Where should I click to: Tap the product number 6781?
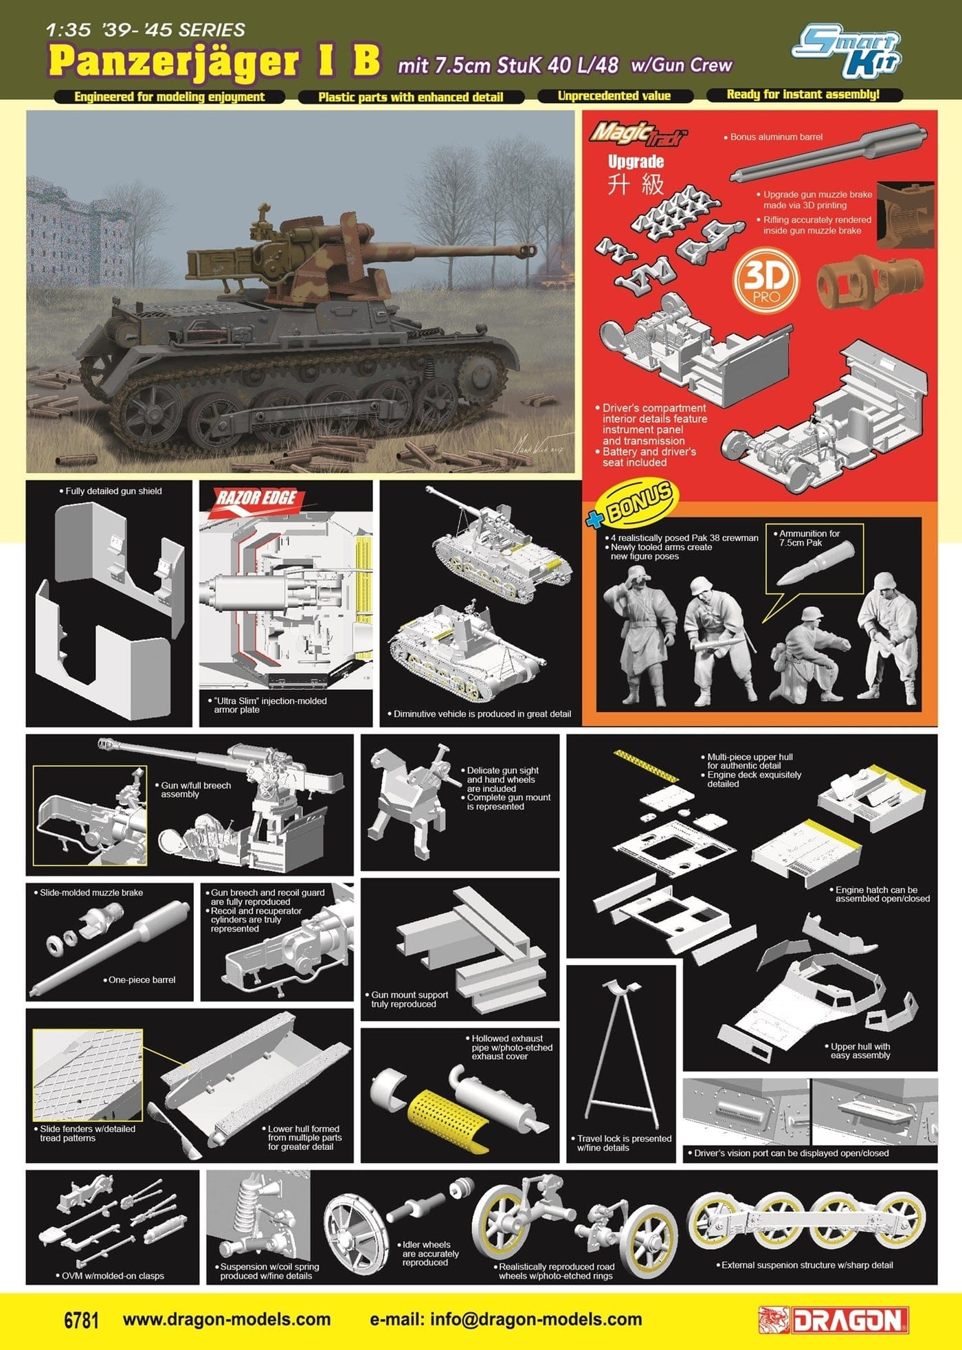click(x=81, y=1320)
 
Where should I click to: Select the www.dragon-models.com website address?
click(x=227, y=1320)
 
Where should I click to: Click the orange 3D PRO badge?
click(x=766, y=280)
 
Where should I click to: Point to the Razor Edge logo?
click(x=256, y=498)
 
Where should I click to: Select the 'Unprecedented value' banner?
click(x=614, y=96)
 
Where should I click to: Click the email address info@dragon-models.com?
click(x=506, y=1320)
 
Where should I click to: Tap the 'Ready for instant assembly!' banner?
click(x=803, y=95)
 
